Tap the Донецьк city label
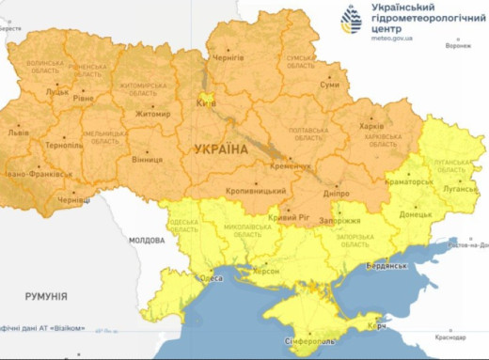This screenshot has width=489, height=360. [x=415, y=214]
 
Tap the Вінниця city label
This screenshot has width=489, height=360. [x=146, y=159]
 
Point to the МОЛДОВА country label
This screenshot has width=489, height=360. [x=147, y=241]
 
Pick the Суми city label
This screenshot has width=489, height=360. [x=329, y=85]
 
